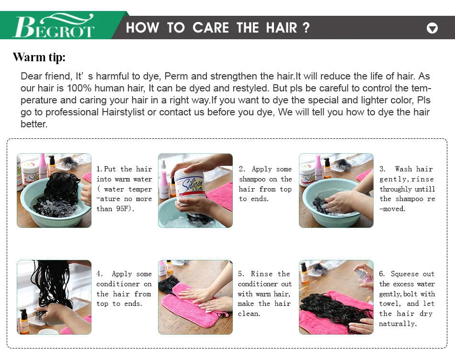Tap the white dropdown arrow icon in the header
coord(432,28)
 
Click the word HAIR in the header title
coord(282,28)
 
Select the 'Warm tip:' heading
coord(39,57)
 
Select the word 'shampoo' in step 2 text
coord(252,179)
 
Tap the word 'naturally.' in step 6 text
coord(398,324)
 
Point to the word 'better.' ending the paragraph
coord(34,124)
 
